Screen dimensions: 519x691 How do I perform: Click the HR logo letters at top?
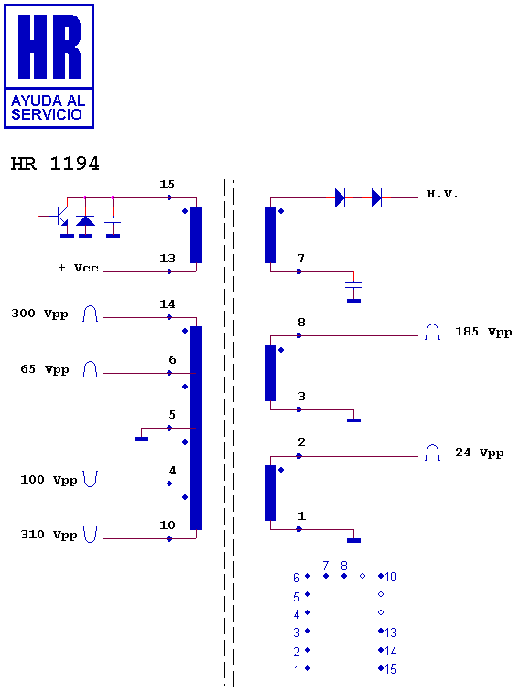click(49, 47)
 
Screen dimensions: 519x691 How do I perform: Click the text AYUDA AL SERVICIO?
click(49, 108)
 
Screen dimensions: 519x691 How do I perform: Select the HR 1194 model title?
click(55, 164)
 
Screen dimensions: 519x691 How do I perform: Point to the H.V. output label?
click(442, 194)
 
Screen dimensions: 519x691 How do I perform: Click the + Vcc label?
click(78, 268)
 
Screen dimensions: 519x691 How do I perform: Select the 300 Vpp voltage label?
click(39, 314)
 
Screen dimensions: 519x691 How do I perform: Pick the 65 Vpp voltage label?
click(45, 369)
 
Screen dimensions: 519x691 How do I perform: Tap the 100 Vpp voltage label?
click(49, 480)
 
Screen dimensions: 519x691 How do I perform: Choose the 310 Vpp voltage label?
click(49, 535)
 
